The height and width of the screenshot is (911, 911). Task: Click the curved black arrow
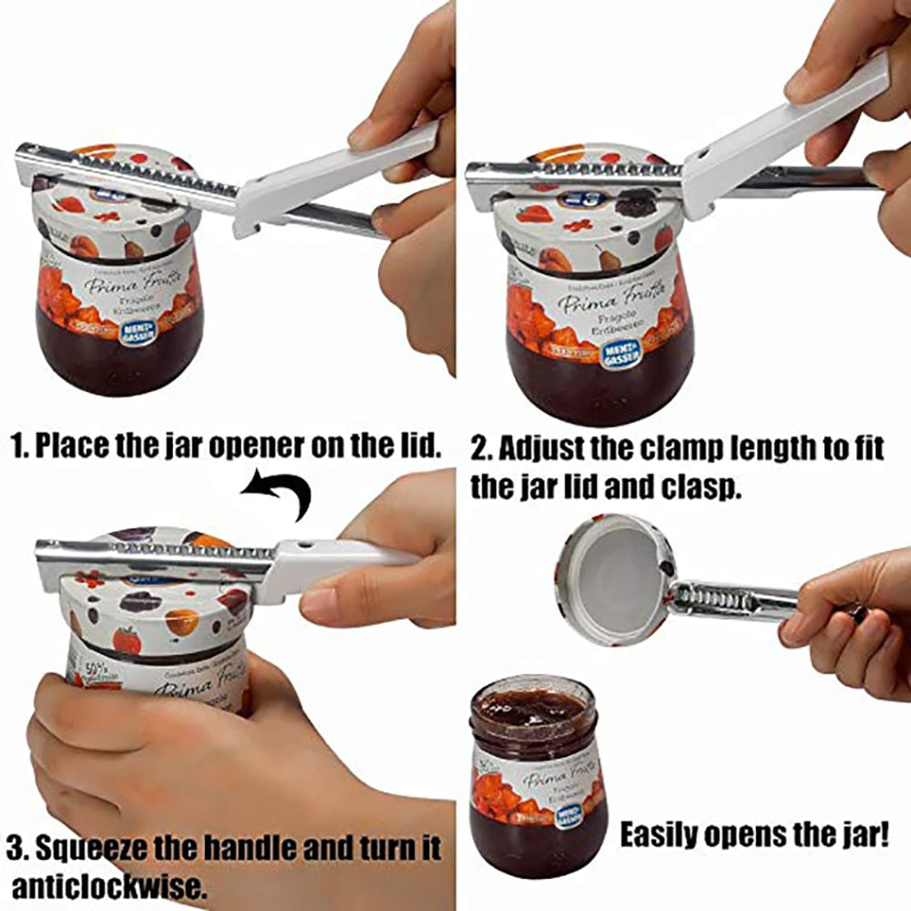tap(281, 493)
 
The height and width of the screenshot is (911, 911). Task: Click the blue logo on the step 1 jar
tap(138, 329)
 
